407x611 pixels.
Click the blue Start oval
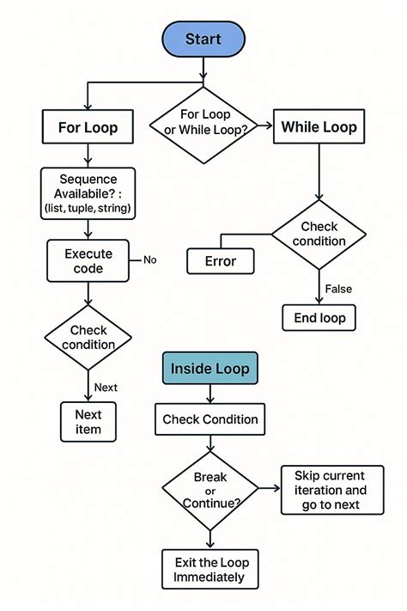pyautogui.click(x=203, y=40)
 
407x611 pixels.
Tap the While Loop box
pyautogui.click(x=319, y=128)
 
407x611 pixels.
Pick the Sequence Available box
pyautogui.click(x=88, y=192)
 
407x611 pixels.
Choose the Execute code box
pyautogui.click(x=88, y=261)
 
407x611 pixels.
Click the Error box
pyautogui.click(x=221, y=260)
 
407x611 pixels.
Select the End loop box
pyautogui.click(x=319, y=317)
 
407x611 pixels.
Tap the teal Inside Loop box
pyautogui.click(x=210, y=369)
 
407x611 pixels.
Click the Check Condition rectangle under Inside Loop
pyautogui.click(x=210, y=419)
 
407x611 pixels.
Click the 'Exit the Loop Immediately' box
pyautogui.click(x=210, y=569)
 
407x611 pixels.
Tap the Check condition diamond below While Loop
pyautogui.click(x=319, y=234)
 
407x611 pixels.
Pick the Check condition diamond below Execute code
pyautogui.click(x=88, y=338)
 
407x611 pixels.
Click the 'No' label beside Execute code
pyautogui.click(x=149, y=260)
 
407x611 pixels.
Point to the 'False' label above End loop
pyautogui.click(x=337, y=289)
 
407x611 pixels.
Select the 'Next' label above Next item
pyautogui.click(x=106, y=388)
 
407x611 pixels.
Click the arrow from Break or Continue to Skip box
pyautogui.click(x=269, y=488)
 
